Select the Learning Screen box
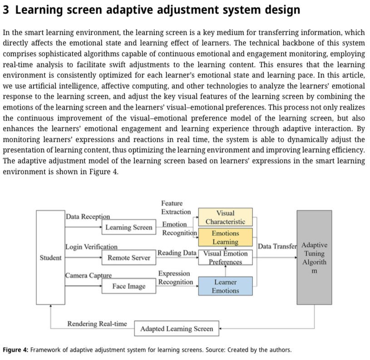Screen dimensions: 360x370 point(129,227)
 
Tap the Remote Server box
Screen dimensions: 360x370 point(128,258)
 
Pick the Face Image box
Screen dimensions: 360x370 point(129,286)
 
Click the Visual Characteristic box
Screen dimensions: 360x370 point(225,217)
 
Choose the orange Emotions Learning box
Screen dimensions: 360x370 point(225,237)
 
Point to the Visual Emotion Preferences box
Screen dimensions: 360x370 point(225,257)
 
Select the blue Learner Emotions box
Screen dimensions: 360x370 point(225,286)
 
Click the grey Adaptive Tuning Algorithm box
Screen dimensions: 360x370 point(314,257)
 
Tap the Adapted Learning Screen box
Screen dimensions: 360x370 point(176,329)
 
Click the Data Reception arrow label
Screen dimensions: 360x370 point(88,217)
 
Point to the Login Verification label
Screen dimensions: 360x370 point(91,247)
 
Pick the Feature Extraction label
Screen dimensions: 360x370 point(176,208)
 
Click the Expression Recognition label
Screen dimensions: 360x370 point(175,277)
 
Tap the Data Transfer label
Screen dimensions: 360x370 point(277,246)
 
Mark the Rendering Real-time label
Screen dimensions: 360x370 point(97,323)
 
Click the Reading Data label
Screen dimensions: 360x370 point(177,253)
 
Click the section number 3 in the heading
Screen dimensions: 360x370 point(6,10)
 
